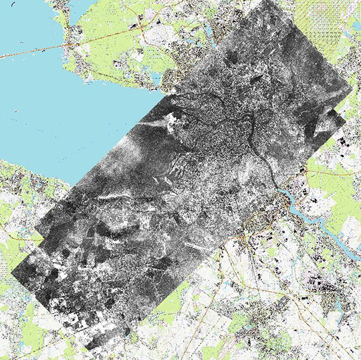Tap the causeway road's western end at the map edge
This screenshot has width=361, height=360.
[2, 56]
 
